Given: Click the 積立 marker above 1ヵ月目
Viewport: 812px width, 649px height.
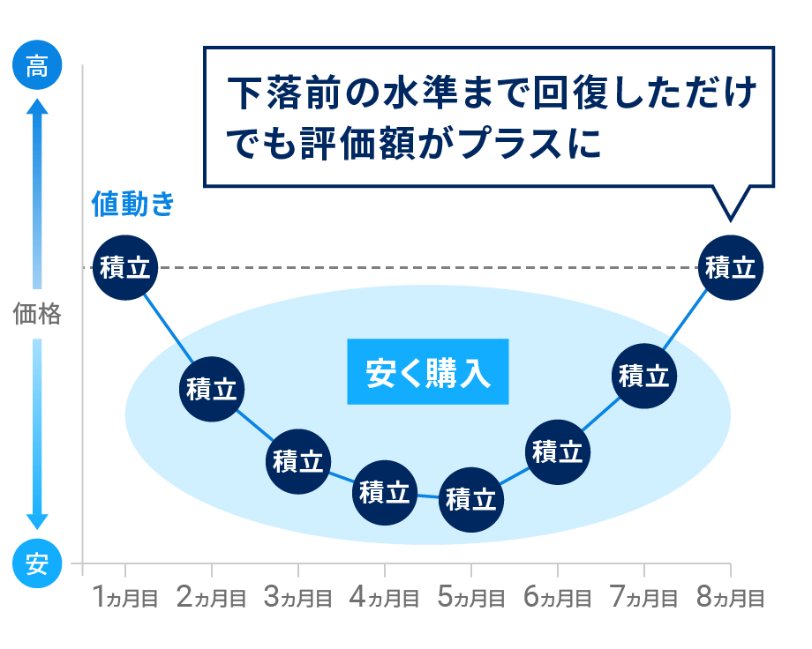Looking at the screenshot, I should pyautogui.click(x=125, y=267).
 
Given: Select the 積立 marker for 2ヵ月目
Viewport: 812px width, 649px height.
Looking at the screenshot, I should pyautogui.click(x=212, y=389).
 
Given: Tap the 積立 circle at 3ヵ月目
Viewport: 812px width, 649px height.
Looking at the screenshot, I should pyautogui.click(x=298, y=460).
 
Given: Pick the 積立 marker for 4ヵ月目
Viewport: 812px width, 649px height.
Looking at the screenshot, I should pyautogui.click(x=384, y=491).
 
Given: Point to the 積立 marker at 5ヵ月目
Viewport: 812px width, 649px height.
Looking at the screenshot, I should pyautogui.click(x=470, y=499).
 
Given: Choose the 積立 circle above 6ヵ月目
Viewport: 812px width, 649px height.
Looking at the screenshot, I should pyautogui.click(x=557, y=451).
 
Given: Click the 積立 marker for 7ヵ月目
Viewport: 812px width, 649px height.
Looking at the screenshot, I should pyautogui.click(x=643, y=376).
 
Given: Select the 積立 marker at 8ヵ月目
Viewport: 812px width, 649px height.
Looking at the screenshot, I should pyautogui.click(x=730, y=267).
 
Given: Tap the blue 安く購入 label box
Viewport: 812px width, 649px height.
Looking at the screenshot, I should pyautogui.click(x=428, y=371).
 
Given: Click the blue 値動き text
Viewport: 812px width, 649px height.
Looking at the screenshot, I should pyautogui.click(x=133, y=205).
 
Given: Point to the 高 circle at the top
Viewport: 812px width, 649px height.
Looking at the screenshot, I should pyautogui.click(x=37, y=67).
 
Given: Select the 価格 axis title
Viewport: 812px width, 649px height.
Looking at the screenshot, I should pyautogui.click(x=37, y=314).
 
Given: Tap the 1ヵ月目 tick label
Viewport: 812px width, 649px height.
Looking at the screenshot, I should pyautogui.click(x=125, y=599).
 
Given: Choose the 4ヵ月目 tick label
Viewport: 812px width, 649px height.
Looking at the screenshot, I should pyautogui.click(x=384, y=599).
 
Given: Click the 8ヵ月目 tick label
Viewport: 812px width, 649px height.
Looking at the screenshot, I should pyautogui.click(x=730, y=599).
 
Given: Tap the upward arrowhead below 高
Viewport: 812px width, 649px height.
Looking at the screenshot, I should pyautogui.click(x=37, y=108).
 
